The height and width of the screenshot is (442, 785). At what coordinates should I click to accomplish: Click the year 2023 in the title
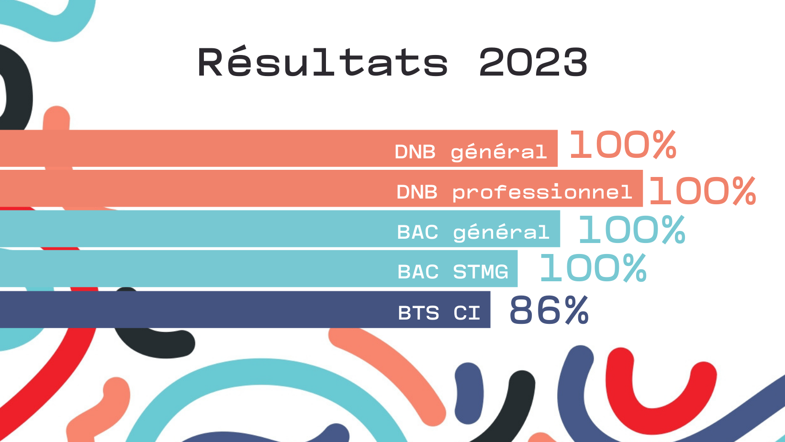pos(533,62)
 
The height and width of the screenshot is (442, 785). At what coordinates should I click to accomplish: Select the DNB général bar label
pos(471,152)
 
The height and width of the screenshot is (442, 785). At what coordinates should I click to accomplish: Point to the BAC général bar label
pos(473,232)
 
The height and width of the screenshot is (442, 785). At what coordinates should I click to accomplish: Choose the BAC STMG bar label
pos(453,272)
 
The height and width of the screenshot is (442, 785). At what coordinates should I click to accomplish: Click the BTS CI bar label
pos(439,313)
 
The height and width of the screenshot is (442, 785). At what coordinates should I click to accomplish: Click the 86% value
pos(549,309)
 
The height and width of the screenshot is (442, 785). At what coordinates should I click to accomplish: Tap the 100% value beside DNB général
pos(623,144)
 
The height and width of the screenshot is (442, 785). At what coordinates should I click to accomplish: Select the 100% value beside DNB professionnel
pos(703,190)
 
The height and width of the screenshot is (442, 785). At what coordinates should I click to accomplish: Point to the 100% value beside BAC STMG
pos(594,268)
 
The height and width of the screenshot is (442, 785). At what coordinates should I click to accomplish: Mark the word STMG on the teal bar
pos(481,272)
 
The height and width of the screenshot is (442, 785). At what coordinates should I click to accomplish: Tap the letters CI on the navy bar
pos(467,313)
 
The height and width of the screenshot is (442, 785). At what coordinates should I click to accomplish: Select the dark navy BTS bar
pos(245,309)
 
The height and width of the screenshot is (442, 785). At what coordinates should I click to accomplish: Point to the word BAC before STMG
pos(418,272)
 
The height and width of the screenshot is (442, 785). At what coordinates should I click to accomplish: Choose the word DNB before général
pos(415,152)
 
